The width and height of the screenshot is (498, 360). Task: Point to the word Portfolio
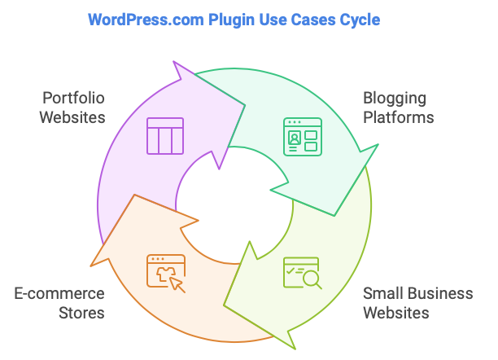click(73, 99)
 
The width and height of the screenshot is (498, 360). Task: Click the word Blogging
click(395, 99)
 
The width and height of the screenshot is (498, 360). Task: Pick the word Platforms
click(398, 116)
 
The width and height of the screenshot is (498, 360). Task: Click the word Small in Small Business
click(381, 293)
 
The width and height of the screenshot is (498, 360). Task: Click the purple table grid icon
click(165, 136)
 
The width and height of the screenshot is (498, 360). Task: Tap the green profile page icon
click(303, 136)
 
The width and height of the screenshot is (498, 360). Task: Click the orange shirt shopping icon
click(165, 272)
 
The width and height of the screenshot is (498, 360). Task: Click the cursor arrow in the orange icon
click(177, 284)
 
